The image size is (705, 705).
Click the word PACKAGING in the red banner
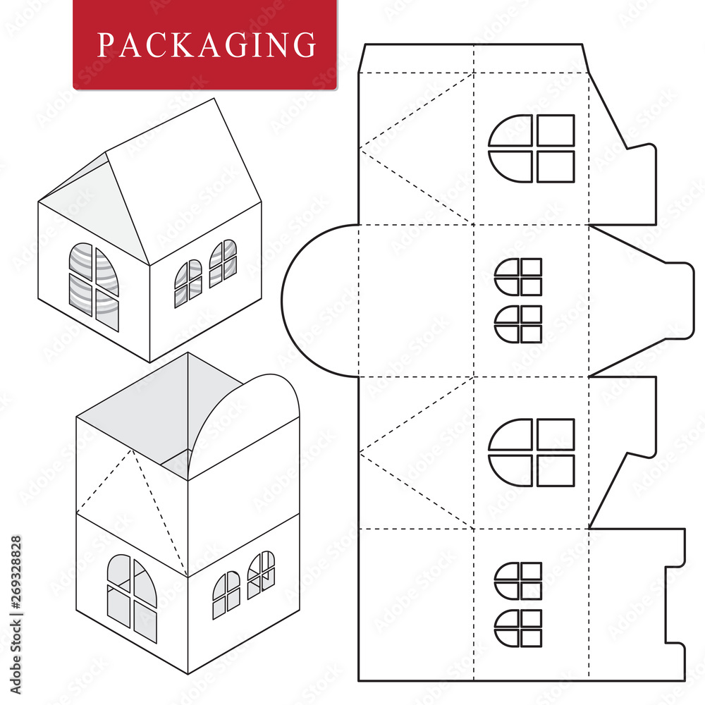(x=206, y=44)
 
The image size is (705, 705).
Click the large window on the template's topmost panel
(x=531, y=149)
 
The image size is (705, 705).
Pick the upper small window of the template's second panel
(x=518, y=276)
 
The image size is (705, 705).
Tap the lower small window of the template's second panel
(x=518, y=324)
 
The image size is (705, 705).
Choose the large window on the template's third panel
(x=531, y=453)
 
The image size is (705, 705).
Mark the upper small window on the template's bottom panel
(x=518, y=580)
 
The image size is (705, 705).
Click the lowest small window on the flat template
(x=518, y=627)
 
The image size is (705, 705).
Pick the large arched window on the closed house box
(x=94, y=286)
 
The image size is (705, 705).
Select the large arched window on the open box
(x=132, y=597)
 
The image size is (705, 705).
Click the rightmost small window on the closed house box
(x=223, y=263)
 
